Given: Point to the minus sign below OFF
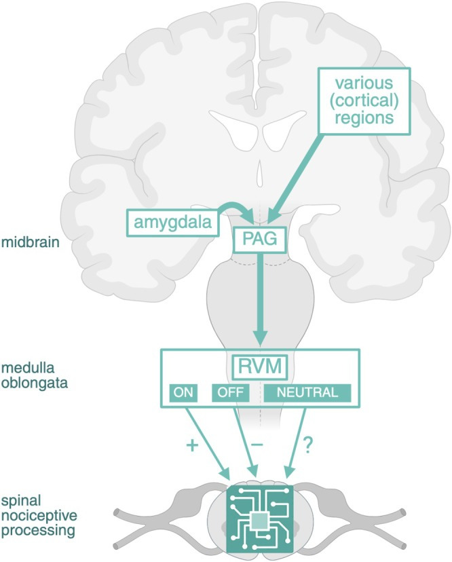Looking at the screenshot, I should tap(257, 442).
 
